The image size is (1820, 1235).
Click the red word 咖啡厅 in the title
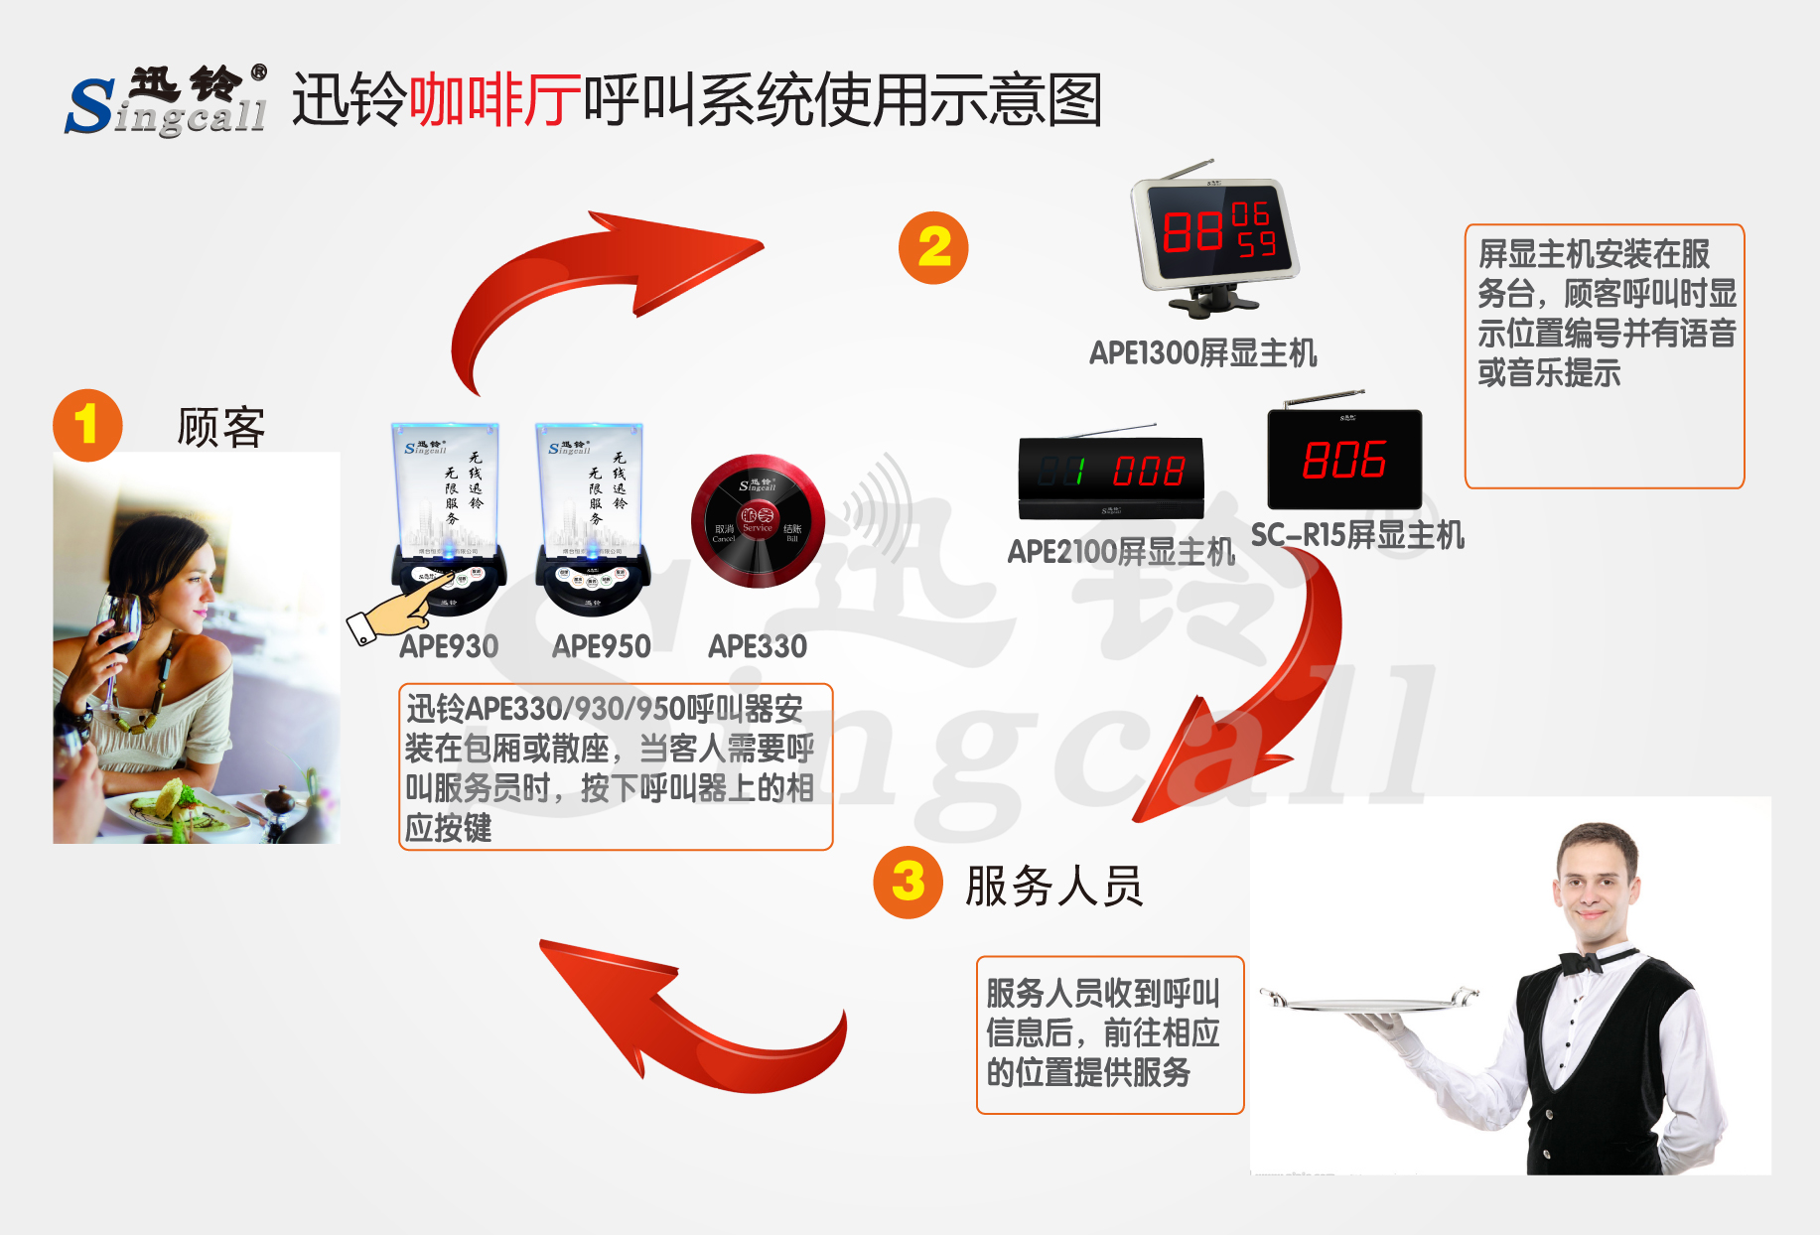click(x=494, y=100)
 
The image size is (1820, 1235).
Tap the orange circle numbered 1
click(x=87, y=425)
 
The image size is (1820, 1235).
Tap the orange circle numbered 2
click(x=933, y=248)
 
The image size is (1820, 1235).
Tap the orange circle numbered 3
click(x=908, y=882)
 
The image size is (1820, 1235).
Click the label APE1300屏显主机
click(x=1202, y=353)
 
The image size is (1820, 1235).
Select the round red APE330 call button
click(x=758, y=522)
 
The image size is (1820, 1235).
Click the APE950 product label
click(x=602, y=647)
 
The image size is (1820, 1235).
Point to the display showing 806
click(x=1344, y=460)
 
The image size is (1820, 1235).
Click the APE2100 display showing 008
click(x=1111, y=473)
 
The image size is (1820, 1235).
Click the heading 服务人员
click(x=1053, y=886)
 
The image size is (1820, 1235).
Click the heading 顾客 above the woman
click(x=220, y=428)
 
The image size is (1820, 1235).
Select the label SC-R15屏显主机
click(x=1356, y=536)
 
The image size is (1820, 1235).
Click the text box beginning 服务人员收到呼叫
click(x=1109, y=1033)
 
